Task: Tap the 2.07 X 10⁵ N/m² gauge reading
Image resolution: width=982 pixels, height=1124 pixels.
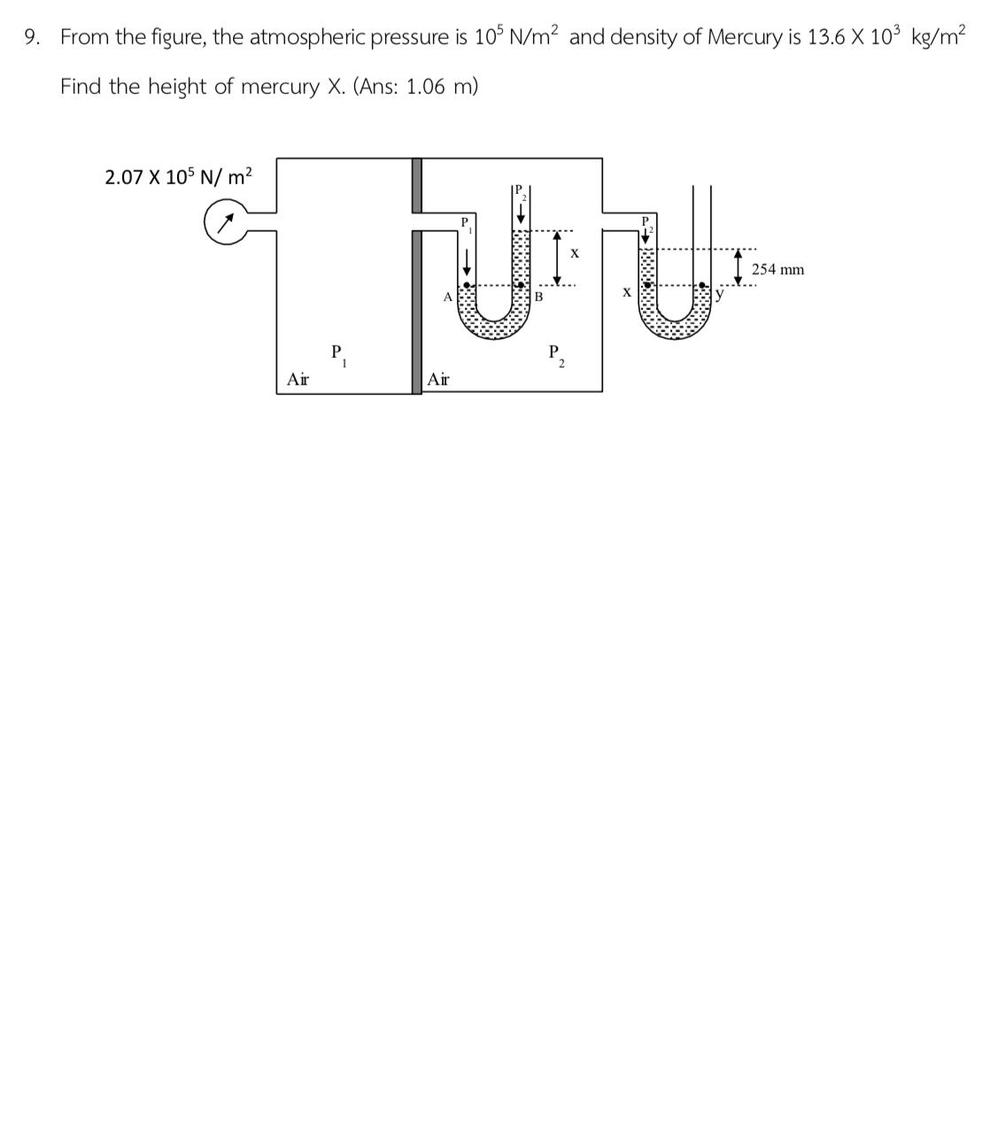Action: tap(178, 176)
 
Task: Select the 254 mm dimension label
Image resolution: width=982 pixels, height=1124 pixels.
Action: tap(777, 269)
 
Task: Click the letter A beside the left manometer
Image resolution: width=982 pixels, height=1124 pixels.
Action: tap(448, 296)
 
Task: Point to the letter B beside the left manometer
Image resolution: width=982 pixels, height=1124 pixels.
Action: tap(538, 297)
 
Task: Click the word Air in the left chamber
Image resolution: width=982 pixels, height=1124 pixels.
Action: tap(298, 379)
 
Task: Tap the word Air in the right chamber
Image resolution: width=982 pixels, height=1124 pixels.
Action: tap(437, 379)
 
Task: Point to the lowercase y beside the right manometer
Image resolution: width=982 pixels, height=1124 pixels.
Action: tap(720, 295)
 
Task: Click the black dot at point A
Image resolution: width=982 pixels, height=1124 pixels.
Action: tap(468, 285)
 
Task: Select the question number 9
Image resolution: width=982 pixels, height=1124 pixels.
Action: tap(32, 37)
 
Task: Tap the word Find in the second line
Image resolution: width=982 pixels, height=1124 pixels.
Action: tap(81, 87)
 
